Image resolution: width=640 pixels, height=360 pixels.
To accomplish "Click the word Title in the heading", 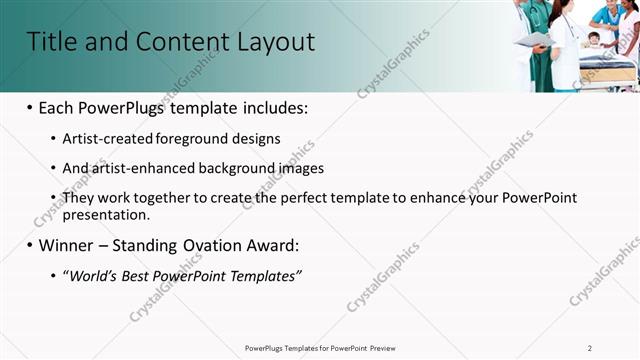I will [x=49, y=42].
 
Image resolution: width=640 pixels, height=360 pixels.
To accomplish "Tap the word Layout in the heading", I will [x=276, y=42].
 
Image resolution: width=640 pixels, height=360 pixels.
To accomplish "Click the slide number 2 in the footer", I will [x=590, y=347].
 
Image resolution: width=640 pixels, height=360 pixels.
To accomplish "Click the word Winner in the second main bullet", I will [x=68, y=245].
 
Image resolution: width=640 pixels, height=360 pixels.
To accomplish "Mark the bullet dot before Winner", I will [x=30, y=245].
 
